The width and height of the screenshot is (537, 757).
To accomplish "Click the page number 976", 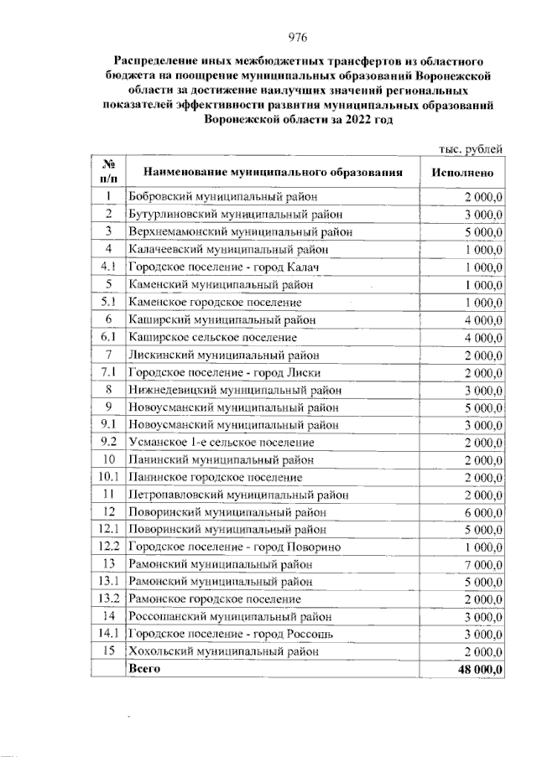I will tap(299, 36).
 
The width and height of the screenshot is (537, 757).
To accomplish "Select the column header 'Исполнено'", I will tap(467, 172).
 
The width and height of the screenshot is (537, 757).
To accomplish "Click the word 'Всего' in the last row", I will tap(143, 668).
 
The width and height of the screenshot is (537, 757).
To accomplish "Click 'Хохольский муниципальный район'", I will tap(224, 651).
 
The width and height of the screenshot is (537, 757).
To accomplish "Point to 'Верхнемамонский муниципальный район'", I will tap(239, 231).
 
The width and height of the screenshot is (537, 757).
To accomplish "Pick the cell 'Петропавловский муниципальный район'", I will tap(238, 494).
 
